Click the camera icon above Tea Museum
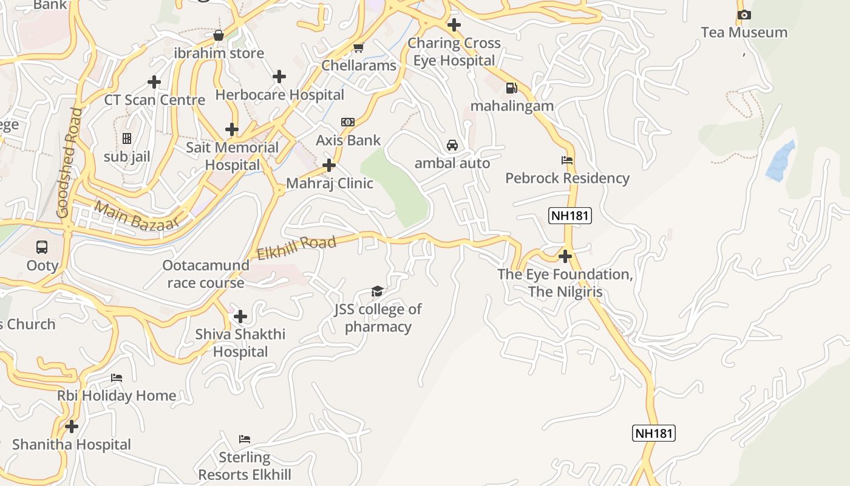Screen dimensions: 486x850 pyautogui.click(x=744, y=15)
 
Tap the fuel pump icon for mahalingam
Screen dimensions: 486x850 pyautogui.click(x=512, y=88)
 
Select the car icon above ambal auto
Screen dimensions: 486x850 pyautogui.click(x=452, y=145)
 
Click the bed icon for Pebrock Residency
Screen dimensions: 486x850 pyautogui.click(x=566, y=160)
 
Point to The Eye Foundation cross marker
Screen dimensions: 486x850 pyautogui.click(x=565, y=256)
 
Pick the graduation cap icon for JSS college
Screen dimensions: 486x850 pyautogui.click(x=377, y=291)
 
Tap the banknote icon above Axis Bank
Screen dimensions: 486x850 pyautogui.click(x=348, y=122)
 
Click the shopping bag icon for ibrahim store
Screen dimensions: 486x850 pyautogui.click(x=219, y=35)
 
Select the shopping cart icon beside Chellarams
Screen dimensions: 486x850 pyautogui.click(x=359, y=47)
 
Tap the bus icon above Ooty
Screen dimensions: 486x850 pyautogui.click(x=42, y=247)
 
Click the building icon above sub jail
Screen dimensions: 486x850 pyautogui.click(x=127, y=139)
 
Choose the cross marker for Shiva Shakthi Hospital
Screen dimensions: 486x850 pyautogui.click(x=240, y=317)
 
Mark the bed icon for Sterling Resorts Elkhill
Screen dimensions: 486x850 pyautogui.click(x=245, y=439)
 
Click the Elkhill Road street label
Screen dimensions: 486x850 pyautogui.click(x=296, y=247)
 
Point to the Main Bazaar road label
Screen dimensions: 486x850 pyautogui.click(x=137, y=216)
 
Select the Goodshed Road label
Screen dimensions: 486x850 pyautogui.click(x=68, y=163)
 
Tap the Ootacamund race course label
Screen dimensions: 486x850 pyautogui.click(x=206, y=274)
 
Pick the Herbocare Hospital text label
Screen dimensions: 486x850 pyautogui.click(x=279, y=95)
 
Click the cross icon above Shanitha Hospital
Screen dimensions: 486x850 pyautogui.click(x=72, y=426)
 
